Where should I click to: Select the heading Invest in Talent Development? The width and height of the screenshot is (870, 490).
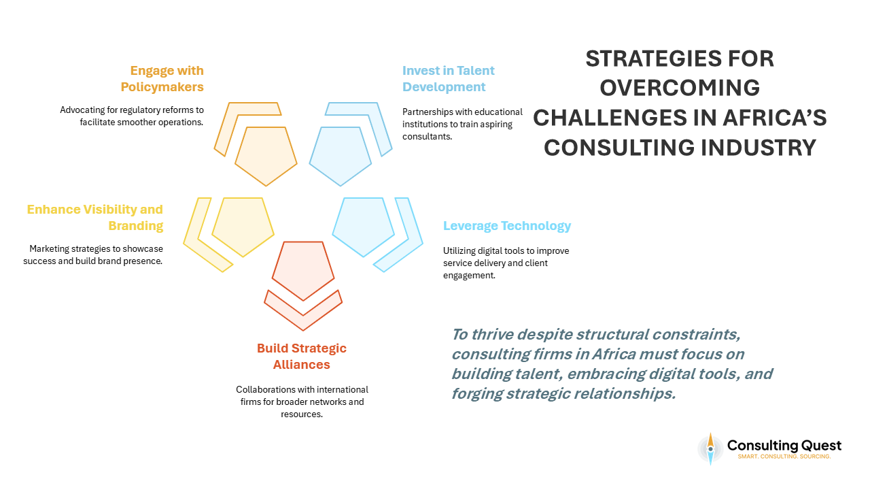(448, 78)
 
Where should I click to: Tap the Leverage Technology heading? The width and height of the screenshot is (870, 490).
(507, 226)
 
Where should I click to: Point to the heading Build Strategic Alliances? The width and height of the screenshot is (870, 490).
(302, 356)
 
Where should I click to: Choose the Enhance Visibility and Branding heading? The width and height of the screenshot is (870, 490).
(95, 217)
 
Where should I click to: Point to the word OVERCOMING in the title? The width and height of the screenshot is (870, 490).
(680, 88)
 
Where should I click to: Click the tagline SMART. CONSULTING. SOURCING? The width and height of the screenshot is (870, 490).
(784, 457)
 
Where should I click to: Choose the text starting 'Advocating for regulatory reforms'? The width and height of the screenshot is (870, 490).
(132, 116)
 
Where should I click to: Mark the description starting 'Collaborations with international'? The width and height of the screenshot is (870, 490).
(302, 402)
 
